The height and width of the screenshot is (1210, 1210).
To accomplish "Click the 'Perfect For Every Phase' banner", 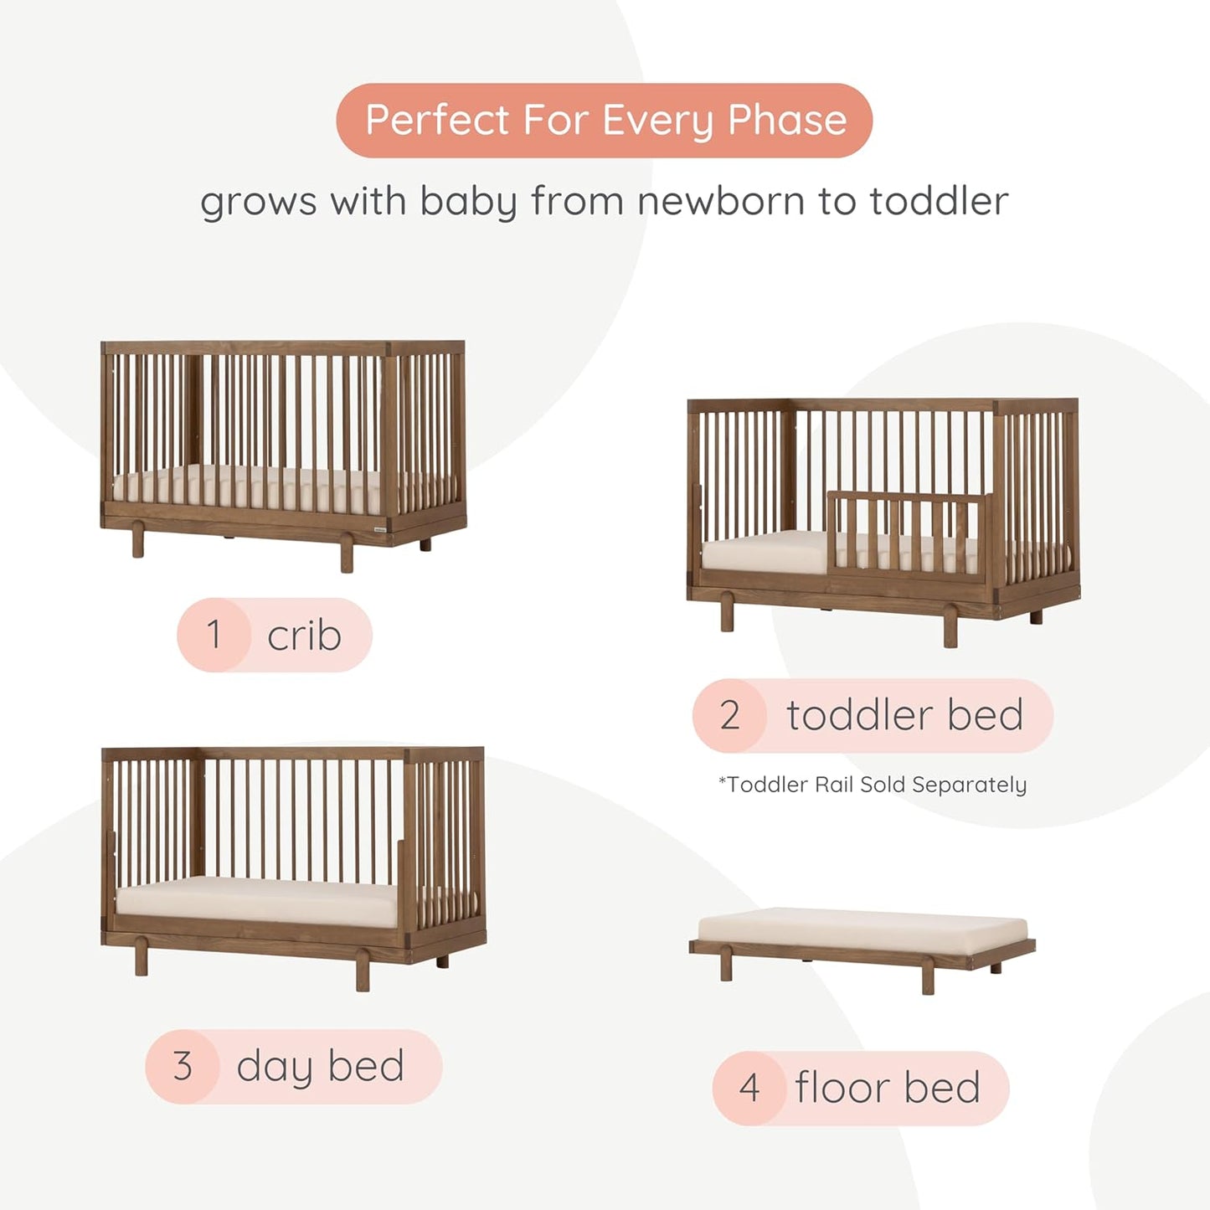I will point(604,120).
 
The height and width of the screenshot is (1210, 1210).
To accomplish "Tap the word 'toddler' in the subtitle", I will point(938,201).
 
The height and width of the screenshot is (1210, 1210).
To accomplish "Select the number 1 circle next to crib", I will point(214,635).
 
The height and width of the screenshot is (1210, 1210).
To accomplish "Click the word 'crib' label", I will point(304,636).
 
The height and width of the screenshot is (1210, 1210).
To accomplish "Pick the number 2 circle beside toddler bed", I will point(729,715).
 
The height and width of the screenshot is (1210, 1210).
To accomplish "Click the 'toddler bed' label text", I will point(904,715).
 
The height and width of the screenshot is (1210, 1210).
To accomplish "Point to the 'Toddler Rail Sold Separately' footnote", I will point(873,785).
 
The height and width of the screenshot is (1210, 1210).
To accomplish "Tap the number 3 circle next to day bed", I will point(183,1066).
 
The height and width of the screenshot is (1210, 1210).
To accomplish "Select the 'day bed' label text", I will point(320,1066).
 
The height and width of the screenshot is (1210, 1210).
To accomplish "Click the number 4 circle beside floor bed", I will point(749,1088).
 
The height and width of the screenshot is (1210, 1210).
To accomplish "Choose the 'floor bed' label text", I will point(888,1088).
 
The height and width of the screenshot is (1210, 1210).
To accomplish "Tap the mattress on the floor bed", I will point(862,928).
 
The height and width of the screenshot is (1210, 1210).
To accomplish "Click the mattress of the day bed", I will point(260,900).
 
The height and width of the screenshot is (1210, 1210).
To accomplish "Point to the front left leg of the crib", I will point(137,542).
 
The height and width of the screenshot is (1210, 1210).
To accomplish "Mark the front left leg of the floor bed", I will point(726,967).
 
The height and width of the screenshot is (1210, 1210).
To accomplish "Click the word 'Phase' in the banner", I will point(787,120).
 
